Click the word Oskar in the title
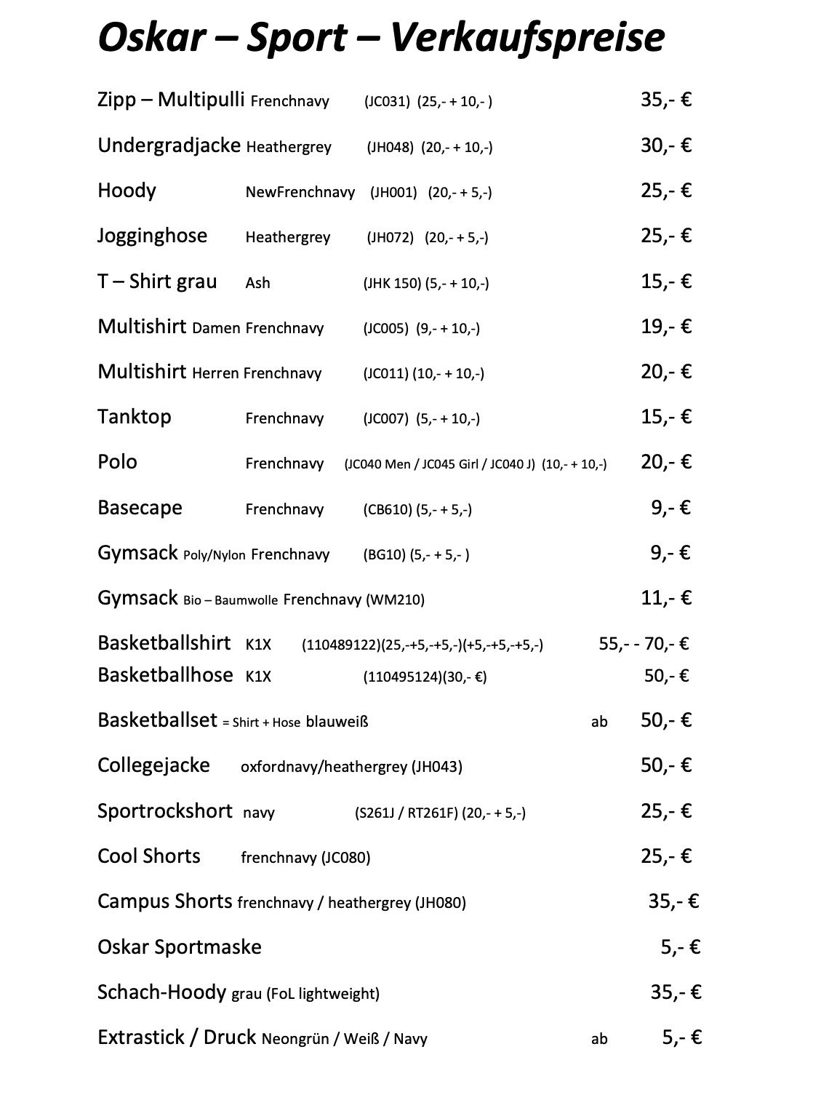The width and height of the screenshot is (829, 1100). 151,39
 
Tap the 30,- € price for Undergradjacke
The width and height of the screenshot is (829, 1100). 665,146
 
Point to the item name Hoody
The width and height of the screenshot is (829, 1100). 127,191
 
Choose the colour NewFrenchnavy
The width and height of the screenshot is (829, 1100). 300,193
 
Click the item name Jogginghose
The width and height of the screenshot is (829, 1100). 152,236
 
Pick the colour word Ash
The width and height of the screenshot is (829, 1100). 257,283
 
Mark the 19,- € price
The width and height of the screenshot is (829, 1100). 665,327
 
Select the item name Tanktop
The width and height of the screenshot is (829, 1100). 134,418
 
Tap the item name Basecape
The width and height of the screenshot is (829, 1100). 140,508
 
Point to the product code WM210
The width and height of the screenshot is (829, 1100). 396,600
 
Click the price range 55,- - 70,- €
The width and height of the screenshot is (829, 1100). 644,644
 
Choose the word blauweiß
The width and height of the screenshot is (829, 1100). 337,722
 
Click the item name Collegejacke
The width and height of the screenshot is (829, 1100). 153,765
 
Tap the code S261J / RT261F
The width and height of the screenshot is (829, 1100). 406,813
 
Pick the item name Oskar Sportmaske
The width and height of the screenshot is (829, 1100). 179,947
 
